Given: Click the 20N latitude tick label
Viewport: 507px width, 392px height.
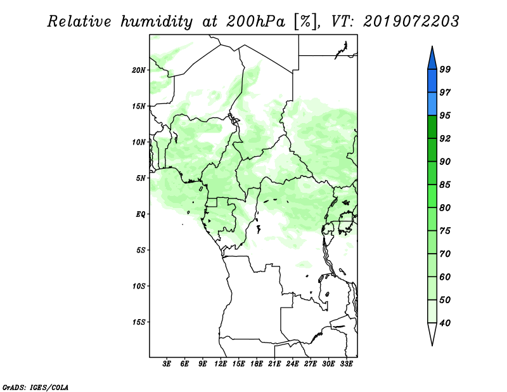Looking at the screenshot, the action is pos(138,70).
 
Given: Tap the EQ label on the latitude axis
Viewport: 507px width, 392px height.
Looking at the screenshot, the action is pos(140,214).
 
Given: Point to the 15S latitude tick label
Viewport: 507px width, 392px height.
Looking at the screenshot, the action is pos(138,322).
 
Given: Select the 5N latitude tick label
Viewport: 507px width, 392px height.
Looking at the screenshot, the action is pos(141,178).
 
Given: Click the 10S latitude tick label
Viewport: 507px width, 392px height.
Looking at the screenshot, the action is pos(138,286).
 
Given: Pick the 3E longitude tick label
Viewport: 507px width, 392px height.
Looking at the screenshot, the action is pos(167,363).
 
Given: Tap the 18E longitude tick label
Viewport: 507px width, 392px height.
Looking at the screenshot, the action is pos(257,363).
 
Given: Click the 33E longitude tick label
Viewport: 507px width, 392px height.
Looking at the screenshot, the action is pos(346,363).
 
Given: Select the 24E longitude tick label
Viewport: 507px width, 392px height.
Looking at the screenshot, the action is pos(292,363).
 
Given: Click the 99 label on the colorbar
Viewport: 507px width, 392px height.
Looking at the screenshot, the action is pos(445,69).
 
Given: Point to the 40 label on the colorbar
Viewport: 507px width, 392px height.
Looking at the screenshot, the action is pos(445,323).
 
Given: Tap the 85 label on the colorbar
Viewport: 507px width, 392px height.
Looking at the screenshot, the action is pos(445,185).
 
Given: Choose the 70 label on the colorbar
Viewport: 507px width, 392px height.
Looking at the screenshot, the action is pos(445,254).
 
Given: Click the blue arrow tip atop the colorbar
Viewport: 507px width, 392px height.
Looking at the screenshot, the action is pos(432,47).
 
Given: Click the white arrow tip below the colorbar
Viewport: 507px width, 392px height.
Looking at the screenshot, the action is pos(432,345).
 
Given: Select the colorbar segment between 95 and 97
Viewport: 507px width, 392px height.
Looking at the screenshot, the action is pos(432,104).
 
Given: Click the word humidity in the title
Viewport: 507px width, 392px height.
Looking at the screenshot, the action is pos(157,22).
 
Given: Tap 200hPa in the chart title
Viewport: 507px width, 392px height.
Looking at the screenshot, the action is pos(255,22).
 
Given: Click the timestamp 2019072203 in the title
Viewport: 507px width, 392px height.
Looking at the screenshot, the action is pos(411,22).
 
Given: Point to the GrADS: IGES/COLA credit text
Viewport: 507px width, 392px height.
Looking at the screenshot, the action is pos(35,387).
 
